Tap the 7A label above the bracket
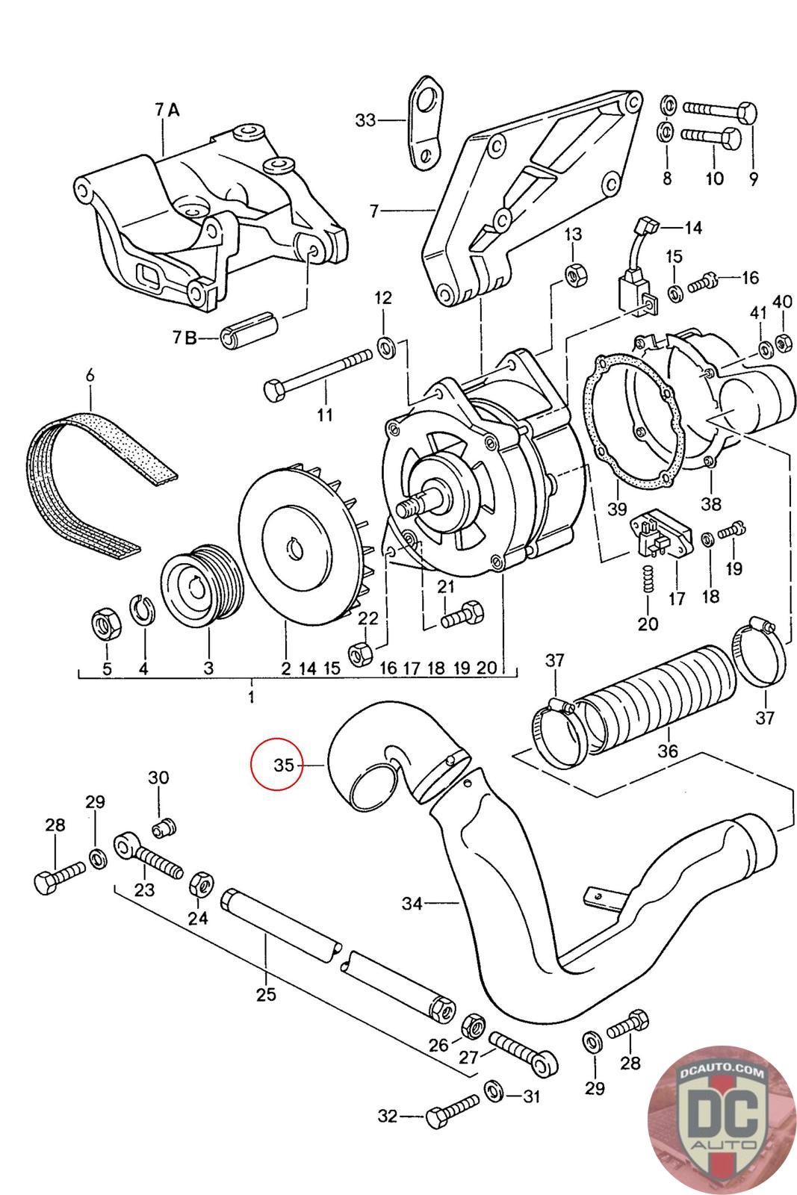pos(167,110)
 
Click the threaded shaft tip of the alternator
pos(409,506)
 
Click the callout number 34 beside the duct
pos(412,903)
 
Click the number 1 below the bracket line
pos(251,696)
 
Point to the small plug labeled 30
pos(164,828)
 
